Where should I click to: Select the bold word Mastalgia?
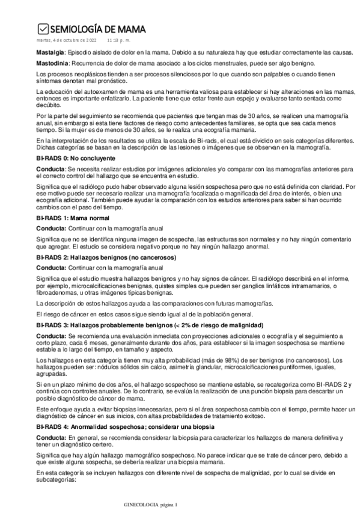tap(50, 52)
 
